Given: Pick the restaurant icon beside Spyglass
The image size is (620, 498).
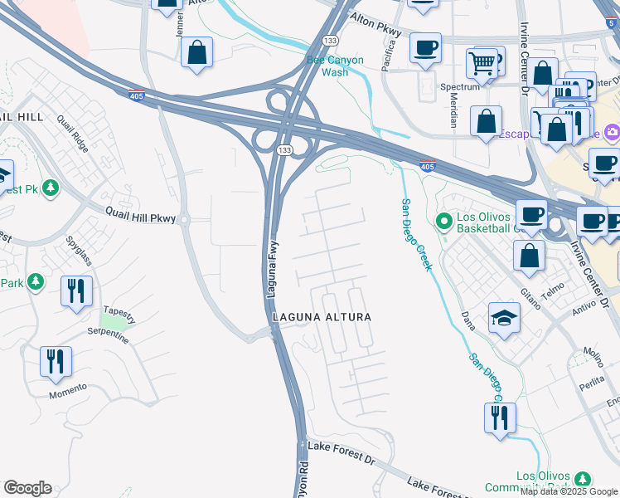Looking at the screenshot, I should click(76, 290).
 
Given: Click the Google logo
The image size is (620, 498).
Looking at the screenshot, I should click(27, 488).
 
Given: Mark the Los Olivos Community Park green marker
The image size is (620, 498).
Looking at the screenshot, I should click(583, 479).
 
